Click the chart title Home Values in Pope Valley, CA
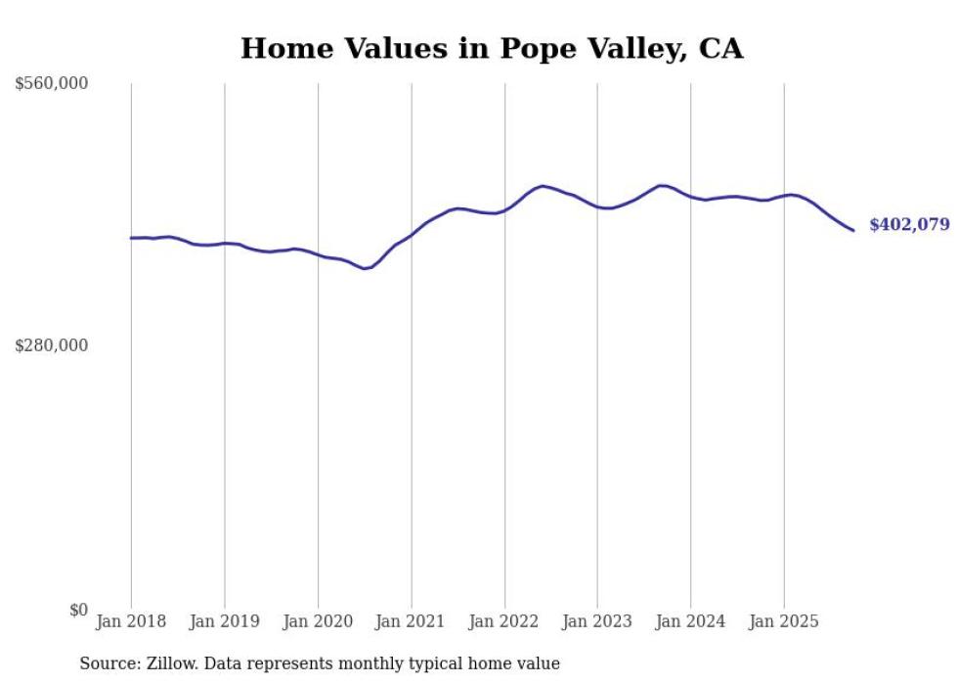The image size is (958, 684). [492, 48]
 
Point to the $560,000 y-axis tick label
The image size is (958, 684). [52, 84]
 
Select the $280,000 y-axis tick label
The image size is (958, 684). [52, 345]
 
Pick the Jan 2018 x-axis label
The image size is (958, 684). [131, 621]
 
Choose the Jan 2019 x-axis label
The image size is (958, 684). [225, 621]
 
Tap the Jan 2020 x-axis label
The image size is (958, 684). [318, 621]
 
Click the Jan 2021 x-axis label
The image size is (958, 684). [412, 621]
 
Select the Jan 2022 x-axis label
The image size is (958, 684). [504, 621]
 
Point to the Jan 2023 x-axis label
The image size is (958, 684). [597, 621]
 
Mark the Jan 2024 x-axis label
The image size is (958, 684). [691, 621]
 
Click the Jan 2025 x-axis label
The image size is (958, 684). [784, 621]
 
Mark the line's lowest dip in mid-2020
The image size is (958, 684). [365, 268]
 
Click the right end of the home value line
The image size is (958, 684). [853, 231]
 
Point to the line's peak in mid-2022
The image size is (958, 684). [543, 186]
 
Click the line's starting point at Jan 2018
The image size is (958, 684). [131, 238]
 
